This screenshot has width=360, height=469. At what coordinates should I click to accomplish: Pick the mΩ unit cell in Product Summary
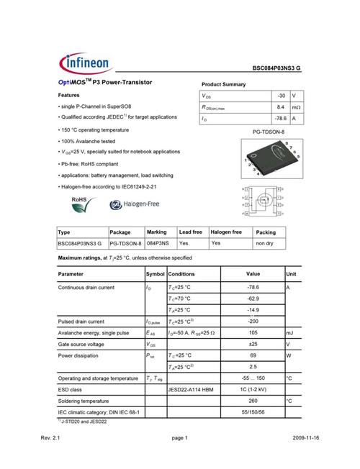coord(296,106)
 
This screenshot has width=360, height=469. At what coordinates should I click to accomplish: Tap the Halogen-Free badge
coord(134,205)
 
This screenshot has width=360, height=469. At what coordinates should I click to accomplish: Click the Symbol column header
coord(155,274)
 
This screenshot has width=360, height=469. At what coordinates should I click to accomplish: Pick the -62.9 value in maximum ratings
coord(253,298)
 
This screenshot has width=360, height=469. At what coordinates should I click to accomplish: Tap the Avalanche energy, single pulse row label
coord(93,333)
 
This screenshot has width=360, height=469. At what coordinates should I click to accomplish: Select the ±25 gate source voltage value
coord(253,344)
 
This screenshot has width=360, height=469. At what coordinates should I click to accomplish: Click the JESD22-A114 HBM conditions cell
coord(192,389)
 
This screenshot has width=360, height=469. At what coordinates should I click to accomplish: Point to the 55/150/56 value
coord(253,412)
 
